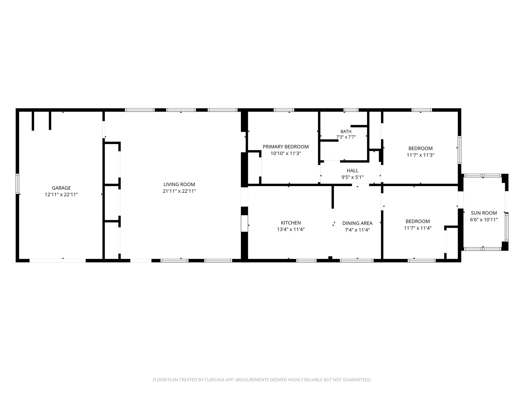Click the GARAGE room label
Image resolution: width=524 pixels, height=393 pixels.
pyautogui.click(x=61, y=188)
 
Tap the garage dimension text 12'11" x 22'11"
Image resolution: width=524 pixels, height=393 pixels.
pyautogui.click(x=61, y=195)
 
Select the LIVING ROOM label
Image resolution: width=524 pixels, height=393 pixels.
pyautogui.click(x=179, y=184)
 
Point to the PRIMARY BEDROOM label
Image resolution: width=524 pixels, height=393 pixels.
pyautogui.click(x=286, y=147)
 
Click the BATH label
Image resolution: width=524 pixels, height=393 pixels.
pyautogui.click(x=346, y=132)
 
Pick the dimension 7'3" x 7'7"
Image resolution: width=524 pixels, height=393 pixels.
pyautogui.click(x=346, y=137)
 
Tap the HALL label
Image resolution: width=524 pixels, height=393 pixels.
pyautogui.click(x=352, y=171)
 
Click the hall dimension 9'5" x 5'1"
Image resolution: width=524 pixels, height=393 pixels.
pyautogui.click(x=352, y=177)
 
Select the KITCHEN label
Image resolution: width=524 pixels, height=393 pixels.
pyautogui.click(x=291, y=223)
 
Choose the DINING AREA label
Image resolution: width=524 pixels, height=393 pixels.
pyautogui.click(x=357, y=223)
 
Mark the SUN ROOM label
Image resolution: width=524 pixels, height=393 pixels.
pyautogui.click(x=484, y=213)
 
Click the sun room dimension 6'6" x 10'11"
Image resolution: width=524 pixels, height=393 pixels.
pyautogui.click(x=484, y=220)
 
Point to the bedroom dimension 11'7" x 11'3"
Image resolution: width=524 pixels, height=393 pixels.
pyautogui.click(x=421, y=155)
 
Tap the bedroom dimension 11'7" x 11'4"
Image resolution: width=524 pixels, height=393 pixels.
pyautogui.click(x=418, y=228)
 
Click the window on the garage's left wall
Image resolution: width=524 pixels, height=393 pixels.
pyautogui.click(x=18, y=184)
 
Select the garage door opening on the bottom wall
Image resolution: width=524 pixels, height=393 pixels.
pyautogui.click(x=58, y=260)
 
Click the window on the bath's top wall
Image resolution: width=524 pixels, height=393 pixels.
pyautogui.click(x=351, y=110)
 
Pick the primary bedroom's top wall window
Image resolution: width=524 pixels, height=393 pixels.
pyautogui.click(x=284, y=110)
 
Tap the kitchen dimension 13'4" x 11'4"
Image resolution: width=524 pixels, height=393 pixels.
pyautogui.click(x=291, y=230)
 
